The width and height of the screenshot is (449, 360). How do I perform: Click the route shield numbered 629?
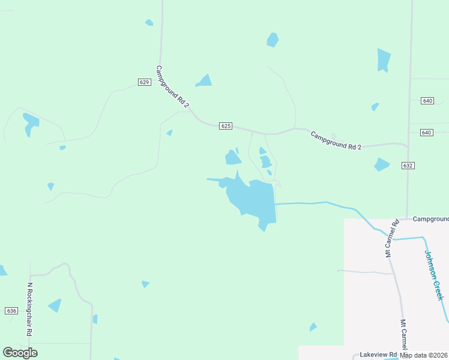(143, 82)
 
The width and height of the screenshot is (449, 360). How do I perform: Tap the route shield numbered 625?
(226, 126)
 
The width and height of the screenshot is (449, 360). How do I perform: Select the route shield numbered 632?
(408, 165)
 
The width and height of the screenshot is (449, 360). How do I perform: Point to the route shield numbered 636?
(11, 311)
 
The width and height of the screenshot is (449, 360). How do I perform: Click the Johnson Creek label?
(434, 275)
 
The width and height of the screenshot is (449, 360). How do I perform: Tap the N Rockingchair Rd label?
(29, 310)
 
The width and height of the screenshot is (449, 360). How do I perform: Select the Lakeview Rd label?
(378, 355)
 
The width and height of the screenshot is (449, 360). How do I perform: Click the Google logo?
(20, 353)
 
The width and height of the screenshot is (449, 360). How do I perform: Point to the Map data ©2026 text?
(424, 355)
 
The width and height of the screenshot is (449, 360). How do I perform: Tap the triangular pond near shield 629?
(205, 81)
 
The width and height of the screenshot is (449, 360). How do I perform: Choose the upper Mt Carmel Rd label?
(391, 239)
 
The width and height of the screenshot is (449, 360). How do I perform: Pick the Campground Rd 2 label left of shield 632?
(336, 140)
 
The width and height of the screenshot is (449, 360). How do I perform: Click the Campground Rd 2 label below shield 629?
(172, 87)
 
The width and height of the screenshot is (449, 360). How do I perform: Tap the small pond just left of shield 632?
(381, 164)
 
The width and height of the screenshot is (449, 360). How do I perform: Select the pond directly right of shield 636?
(55, 305)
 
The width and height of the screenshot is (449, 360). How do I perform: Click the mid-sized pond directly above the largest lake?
(233, 158)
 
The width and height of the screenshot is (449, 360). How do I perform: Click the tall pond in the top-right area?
(383, 60)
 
